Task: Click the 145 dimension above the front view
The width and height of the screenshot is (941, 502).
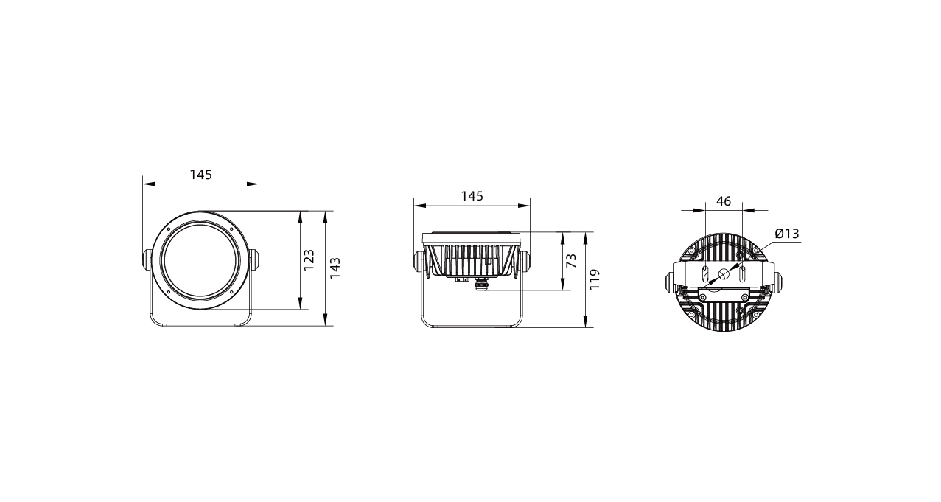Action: tap(201, 175)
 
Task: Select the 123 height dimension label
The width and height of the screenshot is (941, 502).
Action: tap(309, 260)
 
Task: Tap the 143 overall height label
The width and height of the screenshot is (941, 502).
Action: tap(335, 268)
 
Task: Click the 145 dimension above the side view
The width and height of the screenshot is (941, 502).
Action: tap(472, 196)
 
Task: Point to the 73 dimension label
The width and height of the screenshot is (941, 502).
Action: tap(571, 261)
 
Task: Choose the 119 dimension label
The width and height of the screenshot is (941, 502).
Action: tap(595, 279)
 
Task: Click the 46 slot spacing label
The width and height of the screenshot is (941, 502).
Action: tap(724, 202)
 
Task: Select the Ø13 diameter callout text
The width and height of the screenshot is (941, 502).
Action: tap(787, 234)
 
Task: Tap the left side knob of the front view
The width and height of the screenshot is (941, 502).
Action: tap(147, 259)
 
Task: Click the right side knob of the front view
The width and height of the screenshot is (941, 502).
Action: tap(253, 259)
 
